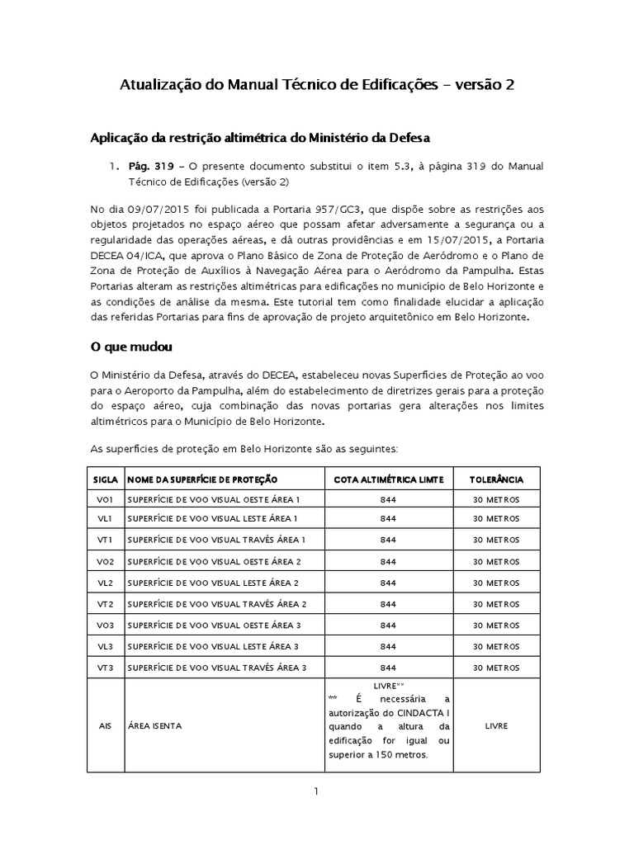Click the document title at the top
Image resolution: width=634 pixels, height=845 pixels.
point(317,85)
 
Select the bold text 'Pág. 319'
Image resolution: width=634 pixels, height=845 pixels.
point(145,167)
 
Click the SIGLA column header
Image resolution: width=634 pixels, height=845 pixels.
point(104,479)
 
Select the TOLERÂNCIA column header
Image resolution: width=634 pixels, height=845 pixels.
point(495,479)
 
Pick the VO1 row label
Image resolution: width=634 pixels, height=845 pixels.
point(104,499)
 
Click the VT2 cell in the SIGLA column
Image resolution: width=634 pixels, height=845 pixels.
point(104,604)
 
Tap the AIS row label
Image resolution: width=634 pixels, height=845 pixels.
point(104,725)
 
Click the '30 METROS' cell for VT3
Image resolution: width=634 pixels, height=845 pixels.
point(495,667)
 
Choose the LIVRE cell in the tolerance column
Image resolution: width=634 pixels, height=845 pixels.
point(495,725)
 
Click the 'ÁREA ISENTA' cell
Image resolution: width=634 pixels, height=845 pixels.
point(155,725)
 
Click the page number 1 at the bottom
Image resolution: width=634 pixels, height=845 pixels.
point(316,791)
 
